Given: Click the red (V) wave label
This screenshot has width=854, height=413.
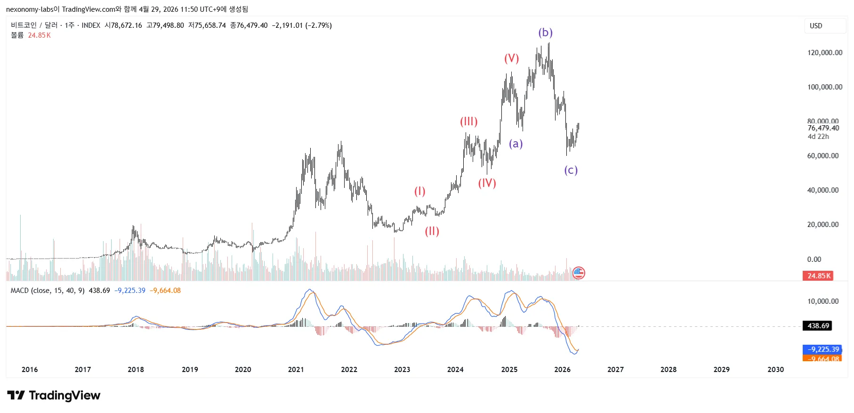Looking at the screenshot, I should tap(511, 58).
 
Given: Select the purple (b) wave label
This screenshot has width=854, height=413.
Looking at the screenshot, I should tap(545, 32).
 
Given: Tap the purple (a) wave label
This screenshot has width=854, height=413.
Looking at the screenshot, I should tap(516, 144).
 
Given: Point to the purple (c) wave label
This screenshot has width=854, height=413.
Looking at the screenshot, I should tap(571, 170).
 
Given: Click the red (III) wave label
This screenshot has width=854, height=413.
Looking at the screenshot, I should tap(468, 121).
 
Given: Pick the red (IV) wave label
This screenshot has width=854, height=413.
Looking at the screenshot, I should tap(487, 183).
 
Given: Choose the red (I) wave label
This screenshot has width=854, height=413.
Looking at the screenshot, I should tap(419, 191).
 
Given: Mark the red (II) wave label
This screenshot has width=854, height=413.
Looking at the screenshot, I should tap(432, 231).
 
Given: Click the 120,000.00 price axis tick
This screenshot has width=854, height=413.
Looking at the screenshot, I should tap(824, 53).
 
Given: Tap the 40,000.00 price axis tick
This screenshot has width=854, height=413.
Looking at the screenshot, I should tap(822, 190).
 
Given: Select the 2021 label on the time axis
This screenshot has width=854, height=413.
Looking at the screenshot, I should tap(296, 370).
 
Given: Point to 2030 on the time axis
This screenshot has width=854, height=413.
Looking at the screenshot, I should tap(775, 370).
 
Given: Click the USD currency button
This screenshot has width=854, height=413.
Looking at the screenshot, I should tap(816, 26).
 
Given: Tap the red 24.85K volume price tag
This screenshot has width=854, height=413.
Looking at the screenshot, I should tap(818, 276).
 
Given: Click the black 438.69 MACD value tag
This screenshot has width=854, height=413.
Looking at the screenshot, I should tap(818, 326).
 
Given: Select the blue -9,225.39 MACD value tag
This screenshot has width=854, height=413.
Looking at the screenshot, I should tap(822, 349).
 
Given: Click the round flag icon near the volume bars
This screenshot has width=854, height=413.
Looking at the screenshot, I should tap(579, 273).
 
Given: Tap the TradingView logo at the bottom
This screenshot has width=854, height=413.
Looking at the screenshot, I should tap(54, 396).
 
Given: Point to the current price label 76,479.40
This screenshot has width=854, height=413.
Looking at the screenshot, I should tap(823, 128).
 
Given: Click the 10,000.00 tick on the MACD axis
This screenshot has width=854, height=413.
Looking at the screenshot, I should tap(822, 301).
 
